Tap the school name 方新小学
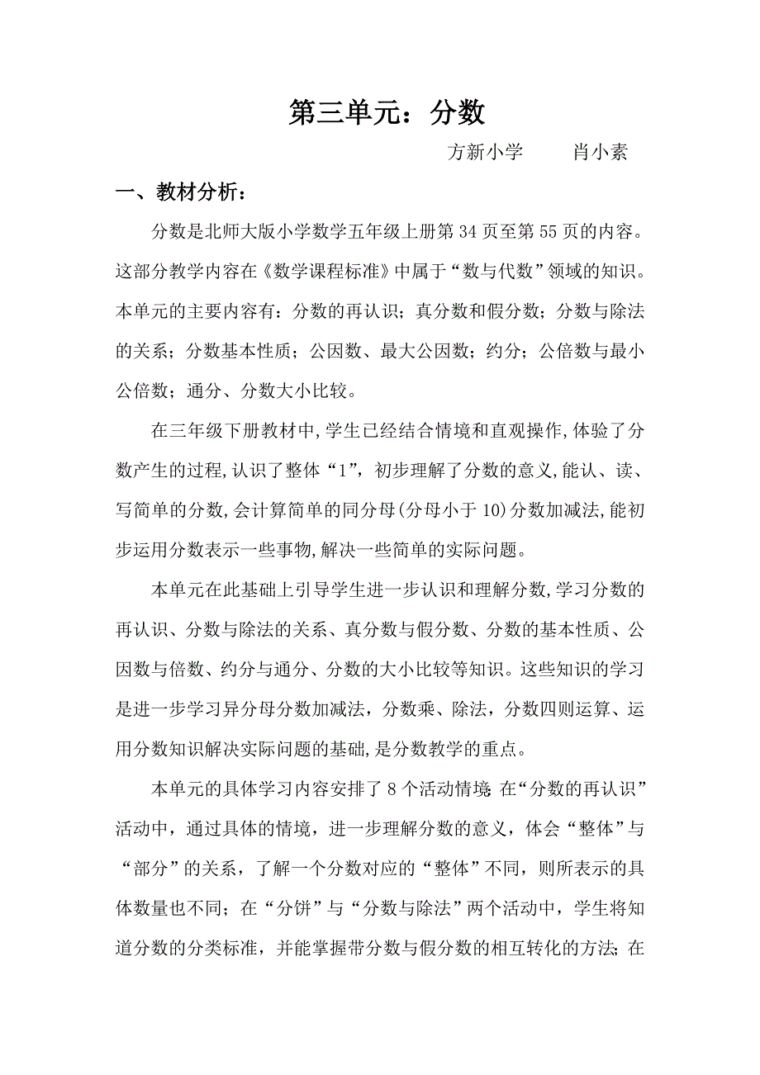pyautogui.click(x=485, y=153)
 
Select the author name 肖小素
pyautogui.click(x=601, y=153)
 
